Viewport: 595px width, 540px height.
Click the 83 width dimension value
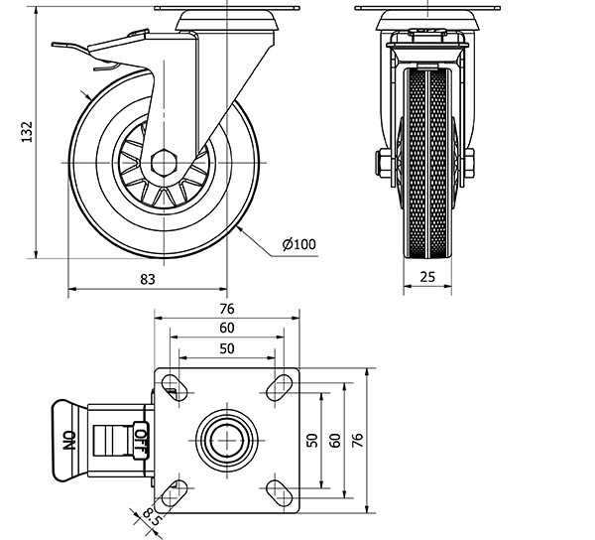(x=148, y=280)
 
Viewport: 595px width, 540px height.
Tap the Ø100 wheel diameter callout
(x=298, y=244)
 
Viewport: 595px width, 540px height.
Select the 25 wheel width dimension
(x=428, y=278)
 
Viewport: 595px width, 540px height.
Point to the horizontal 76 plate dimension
(x=227, y=308)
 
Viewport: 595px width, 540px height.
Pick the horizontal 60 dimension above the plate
(x=227, y=328)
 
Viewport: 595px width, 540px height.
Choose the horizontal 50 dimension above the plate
(x=227, y=347)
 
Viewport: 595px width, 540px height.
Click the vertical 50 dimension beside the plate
(x=313, y=440)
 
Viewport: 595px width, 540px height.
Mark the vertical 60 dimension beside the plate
(x=335, y=440)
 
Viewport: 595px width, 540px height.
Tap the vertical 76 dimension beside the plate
(x=358, y=440)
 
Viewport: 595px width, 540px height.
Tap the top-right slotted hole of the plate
(x=280, y=387)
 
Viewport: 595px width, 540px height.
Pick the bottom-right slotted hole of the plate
(x=280, y=491)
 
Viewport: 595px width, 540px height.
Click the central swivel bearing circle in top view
(x=227, y=440)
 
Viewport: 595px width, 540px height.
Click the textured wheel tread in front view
(x=427, y=169)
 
